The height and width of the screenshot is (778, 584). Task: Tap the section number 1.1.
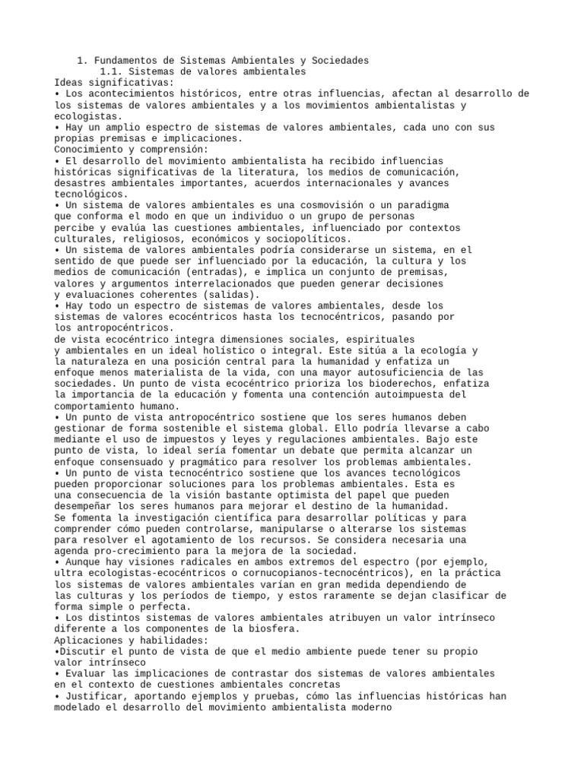tap(113, 71)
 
